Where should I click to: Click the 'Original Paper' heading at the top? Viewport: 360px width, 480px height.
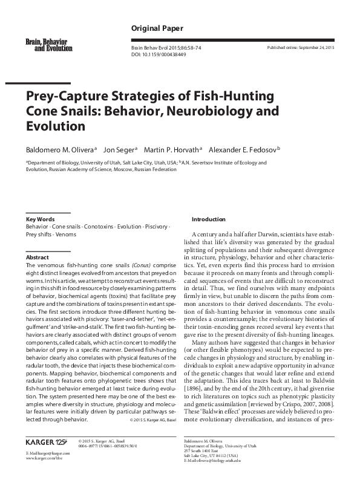click(157, 28)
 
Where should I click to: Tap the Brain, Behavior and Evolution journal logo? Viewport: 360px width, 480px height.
click(46, 44)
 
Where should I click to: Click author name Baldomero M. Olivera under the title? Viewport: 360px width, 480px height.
click(59, 149)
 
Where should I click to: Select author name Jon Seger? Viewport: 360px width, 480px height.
click(119, 149)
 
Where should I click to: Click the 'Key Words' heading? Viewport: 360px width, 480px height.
click(40, 219)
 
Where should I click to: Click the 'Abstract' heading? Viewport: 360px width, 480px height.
click(37, 257)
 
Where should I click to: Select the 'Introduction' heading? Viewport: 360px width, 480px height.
click(208, 219)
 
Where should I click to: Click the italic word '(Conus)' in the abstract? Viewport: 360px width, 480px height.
click(142, 265)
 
